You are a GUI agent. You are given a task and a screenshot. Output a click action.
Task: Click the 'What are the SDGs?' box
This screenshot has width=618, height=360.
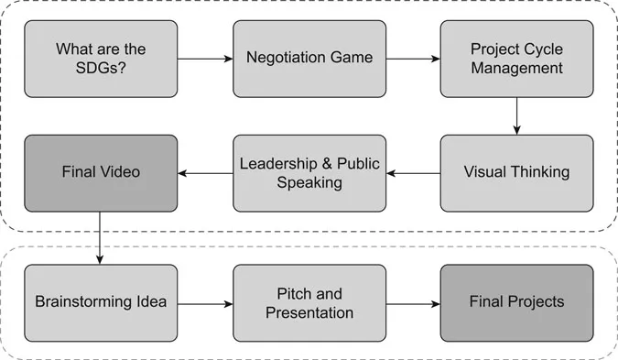pyautogui.click(x=101, y=58)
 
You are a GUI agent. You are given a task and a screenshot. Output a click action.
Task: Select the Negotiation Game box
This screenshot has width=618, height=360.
pyautogui.click(x=309, y=58)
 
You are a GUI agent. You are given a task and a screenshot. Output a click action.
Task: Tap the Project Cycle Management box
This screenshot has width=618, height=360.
pyautogui.click(x=516, y=58)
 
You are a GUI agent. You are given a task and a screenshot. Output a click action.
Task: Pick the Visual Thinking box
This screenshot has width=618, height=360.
pyautogui.click(x=516, y=172)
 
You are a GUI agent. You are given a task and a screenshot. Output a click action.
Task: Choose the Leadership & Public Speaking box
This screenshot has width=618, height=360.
pyautogui.click(x=309, y=172)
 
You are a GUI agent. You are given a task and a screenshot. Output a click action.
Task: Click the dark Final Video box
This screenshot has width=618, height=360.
pyautogui.click(x=101, y=172)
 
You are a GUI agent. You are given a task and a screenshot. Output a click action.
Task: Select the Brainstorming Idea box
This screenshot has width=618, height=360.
pyautogui.click(x=101, y=301)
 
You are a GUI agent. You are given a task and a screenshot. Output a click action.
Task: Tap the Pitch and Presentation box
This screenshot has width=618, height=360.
pyautogui.click(x=309, y=301)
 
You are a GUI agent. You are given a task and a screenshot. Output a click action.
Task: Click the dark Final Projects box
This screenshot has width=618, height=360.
pyautogui.click(x=516, y=301)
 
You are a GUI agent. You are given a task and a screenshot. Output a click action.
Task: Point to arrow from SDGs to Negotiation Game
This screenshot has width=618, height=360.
pyautogui.click(x=205, y=59)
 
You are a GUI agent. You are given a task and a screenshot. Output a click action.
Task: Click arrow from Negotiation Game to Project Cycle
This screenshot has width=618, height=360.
pyautogui.click(x=413, y=59)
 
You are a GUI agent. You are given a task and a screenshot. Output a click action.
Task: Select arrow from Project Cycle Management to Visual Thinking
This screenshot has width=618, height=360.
pyautogui.click(x=516, y=115)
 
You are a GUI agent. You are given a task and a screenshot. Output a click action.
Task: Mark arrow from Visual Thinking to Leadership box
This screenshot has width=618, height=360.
pyautogui.click(x=413, y=172)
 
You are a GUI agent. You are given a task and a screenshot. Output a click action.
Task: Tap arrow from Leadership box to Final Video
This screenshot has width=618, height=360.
pyautogui.click(x=205, y=172)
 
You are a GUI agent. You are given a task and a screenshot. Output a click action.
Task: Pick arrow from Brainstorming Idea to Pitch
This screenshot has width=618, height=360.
pyautogui.click(x=205, y=301)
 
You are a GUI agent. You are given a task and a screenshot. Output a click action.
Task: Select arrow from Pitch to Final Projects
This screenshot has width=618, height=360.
pyautogui.click(x=413, y=301)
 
